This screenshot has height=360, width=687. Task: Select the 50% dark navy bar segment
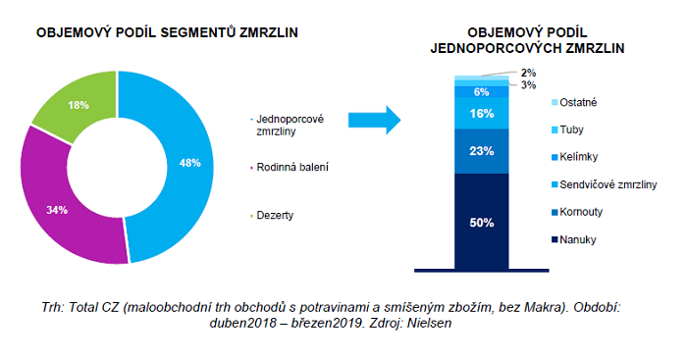point(481,221)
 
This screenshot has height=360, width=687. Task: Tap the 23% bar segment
point(481,151)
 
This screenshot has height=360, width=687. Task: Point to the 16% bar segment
point(481,114)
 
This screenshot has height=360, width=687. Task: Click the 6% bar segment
point(481,91)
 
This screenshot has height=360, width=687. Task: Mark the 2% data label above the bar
point(528,73)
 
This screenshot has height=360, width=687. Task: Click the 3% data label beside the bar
point(528,85)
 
